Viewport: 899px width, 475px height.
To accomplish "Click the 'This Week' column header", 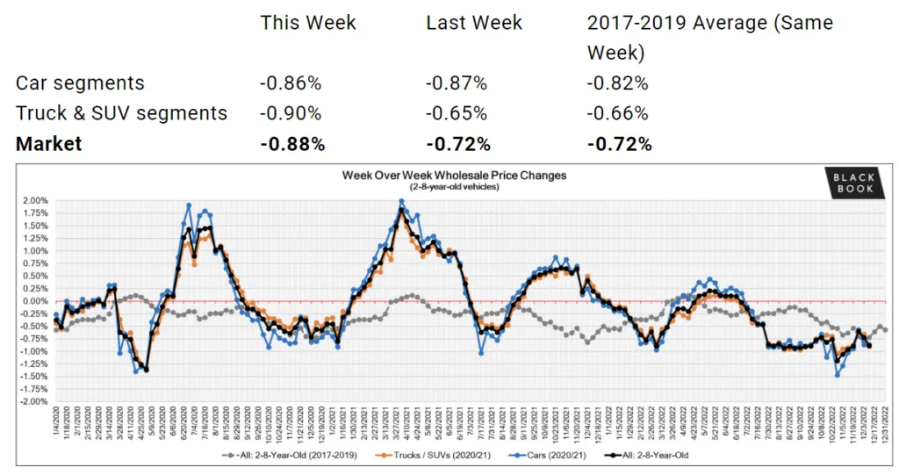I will point(308,22).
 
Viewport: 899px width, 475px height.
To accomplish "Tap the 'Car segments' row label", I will point(80,83).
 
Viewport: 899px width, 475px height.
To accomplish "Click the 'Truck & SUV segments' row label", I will point(121,113).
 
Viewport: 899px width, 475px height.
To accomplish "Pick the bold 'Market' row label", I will point(48,144).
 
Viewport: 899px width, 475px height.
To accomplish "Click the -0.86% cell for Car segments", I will point(291,83).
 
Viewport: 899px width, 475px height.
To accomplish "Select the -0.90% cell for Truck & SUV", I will point(291,113).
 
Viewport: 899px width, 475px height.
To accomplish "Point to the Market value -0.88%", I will point(292,144).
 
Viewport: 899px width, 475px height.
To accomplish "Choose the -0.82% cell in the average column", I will point(618,83).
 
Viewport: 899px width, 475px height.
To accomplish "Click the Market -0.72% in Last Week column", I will point(458,144).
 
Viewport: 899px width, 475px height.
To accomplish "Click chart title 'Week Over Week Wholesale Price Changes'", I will point(454,176).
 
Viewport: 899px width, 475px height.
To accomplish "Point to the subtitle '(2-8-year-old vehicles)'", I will point(454,187).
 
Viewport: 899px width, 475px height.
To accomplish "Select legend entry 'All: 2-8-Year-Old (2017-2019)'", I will point(282,455).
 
